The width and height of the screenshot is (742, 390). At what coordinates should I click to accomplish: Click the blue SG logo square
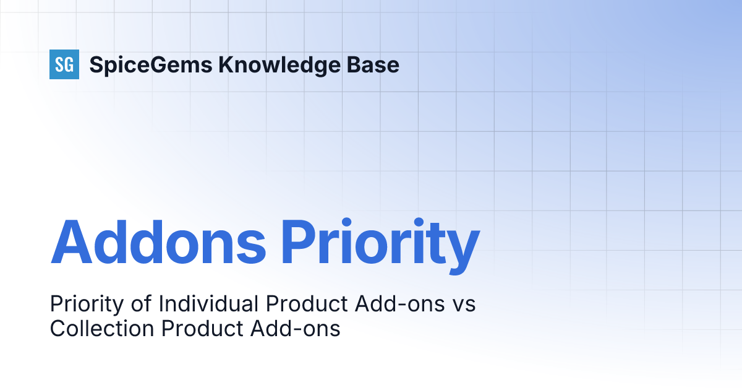click(64, 64)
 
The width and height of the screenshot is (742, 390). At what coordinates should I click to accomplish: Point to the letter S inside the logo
click(59, 64)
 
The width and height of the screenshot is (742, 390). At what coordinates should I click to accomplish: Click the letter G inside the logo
click(69, 64)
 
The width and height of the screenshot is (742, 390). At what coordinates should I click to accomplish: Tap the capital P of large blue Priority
click(299, 241)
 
